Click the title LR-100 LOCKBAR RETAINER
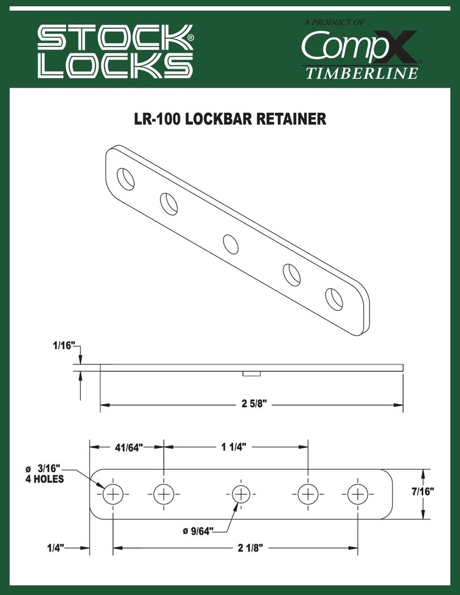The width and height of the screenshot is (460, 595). tap(229, 120)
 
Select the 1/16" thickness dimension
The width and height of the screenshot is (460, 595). tap(64, 346)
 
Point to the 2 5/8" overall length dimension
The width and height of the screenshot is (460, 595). tap(250, 405)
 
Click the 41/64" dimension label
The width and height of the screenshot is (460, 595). tap(127, 446)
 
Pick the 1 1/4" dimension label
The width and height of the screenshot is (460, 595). tap(235, 446)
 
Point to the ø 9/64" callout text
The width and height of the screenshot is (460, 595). tap(198, 531)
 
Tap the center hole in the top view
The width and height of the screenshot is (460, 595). tap(241, 494)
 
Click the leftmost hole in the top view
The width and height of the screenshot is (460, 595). tap(113, 494)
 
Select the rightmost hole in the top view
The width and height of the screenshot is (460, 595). tap(358, 494)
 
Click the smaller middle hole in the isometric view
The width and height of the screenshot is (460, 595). tap(231, 244)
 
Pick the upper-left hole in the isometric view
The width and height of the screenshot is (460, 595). tap(127, 178)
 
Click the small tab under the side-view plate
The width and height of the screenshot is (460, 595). tap(250, 374)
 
